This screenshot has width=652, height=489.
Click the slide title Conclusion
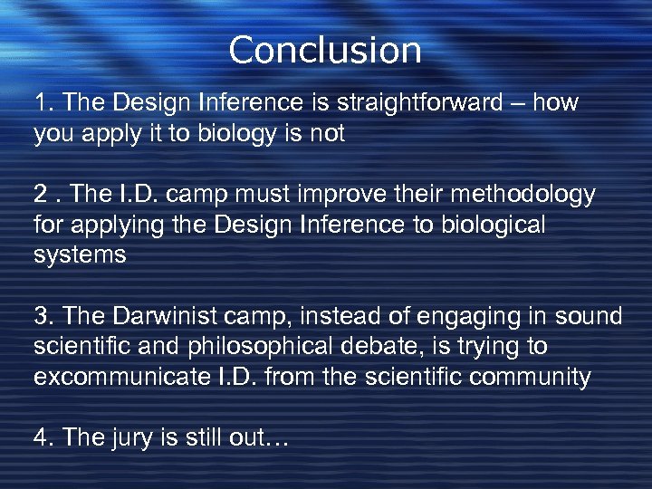point(325,50)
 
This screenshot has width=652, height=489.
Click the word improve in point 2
point(341,194)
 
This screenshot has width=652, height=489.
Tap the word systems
point(80,254)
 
